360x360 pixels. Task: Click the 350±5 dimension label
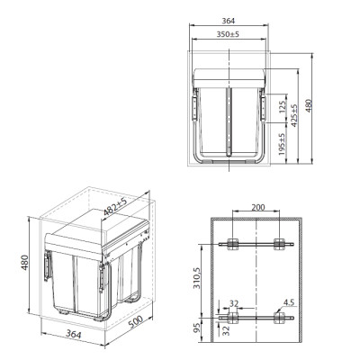pyautogui.click(x=228, y=34)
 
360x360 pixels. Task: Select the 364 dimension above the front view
pyautogui.click(x=229, y=21)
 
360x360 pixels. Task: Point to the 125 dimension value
pyautogui.click(x=283, y=107)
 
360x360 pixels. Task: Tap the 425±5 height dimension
pyautogui.click(x=294, y=115)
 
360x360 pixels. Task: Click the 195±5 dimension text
pyautogui.click(x=282, y=144)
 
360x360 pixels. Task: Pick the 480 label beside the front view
pyautogui.click(x=309, y=106)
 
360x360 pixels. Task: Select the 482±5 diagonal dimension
pyautogui.click(x=115, y=207)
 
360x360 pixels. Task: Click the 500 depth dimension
pyautogui.click(x=136, y=321)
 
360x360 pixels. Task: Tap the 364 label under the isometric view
pyautogui.click(x=74, y=334)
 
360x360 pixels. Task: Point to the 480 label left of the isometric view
pyautogui.click(x=24, y=262)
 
